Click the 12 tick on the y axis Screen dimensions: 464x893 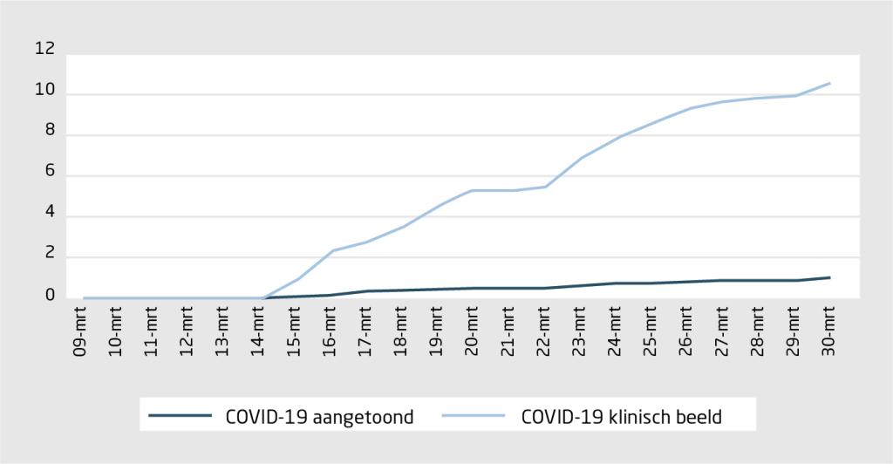coord(44,50)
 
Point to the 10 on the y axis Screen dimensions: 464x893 coord(44,91)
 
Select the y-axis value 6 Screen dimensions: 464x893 coord(50,173)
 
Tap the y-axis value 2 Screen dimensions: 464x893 coord(50,256)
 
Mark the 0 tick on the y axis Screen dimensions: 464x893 coord(50,297)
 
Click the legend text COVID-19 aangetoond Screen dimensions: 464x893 coord(318,416)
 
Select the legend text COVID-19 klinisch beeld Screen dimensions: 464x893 coord(621,416)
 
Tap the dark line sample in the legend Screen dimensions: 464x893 coord(181,416)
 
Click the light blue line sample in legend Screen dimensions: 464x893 coord(474,416)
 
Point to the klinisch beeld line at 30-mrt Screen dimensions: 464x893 coord(828,84)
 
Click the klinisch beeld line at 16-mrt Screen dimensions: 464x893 coord(331,250)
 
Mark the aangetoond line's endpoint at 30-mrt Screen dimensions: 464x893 coord(828,277)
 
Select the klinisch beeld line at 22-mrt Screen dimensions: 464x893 coord(544,187)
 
